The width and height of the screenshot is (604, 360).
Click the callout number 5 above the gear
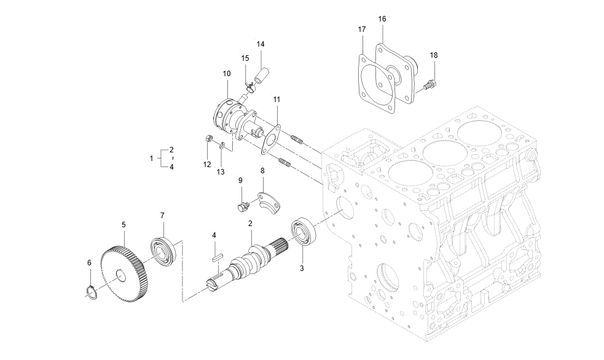pyautogui.click(x=124, y=225)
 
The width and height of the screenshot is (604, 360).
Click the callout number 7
pyautogui.click(x=162, y=216)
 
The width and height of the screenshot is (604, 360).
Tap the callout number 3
pyautogui.click(x=302, y=268)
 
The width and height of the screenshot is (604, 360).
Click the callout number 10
pyautogui.click(x=227, y=74)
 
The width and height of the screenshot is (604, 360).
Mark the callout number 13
pyautogui.click(x=221, y=172)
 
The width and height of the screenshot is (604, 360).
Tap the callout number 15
pyautogui.click(x=245, y=58)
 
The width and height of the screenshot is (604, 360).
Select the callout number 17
pyautogui.click(x=362, y=29)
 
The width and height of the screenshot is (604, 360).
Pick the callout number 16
pyautogui.click(x=382, y=20)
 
